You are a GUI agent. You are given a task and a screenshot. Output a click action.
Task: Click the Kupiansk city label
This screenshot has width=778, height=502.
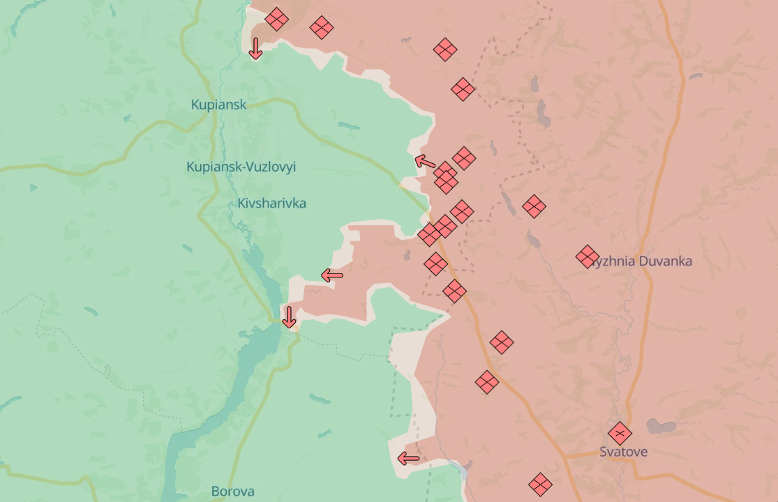tap(218, 105)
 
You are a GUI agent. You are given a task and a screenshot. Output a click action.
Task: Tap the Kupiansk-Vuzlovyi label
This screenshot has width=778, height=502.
tap(241, 167)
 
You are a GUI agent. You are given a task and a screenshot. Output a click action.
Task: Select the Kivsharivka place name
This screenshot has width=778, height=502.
tap(271, 203)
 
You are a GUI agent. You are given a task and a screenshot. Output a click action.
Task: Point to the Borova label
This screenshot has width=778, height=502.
tap(232, 491)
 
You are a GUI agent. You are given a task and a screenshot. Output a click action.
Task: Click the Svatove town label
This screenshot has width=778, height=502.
tap(623, 452)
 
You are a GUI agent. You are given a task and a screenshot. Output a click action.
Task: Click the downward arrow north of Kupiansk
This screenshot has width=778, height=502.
tap(255, 48)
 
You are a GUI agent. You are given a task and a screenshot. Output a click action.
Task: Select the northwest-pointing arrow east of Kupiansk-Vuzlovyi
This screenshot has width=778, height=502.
tap(425, 162)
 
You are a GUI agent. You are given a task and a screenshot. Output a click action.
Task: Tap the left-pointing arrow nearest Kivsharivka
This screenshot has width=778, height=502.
tap(332, 276)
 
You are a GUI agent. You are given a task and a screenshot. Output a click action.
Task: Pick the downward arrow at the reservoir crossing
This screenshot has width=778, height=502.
tap(289, 317)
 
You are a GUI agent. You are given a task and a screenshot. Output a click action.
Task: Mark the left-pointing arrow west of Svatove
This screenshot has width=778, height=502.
tap(409, 458)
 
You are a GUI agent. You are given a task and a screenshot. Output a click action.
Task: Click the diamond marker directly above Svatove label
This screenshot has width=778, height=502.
tap(619, 433)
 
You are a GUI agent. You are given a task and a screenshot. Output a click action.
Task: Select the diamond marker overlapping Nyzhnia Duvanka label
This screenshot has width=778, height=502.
tap(588, 257)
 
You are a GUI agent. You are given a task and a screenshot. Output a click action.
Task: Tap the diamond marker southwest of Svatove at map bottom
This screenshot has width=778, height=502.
tap(540, 484)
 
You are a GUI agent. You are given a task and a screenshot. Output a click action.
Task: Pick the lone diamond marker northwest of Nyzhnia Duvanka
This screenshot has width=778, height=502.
tap(534, 206)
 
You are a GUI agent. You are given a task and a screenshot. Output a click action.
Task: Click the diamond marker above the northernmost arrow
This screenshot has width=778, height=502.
tap(276, 19)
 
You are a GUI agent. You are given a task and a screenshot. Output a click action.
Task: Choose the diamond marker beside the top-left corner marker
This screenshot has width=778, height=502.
tap(322, 28)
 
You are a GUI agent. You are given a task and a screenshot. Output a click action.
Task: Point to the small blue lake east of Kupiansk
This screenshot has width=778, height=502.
tap(349, 126)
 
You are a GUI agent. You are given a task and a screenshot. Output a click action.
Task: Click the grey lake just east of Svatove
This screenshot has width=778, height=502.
tap(660, 426)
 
